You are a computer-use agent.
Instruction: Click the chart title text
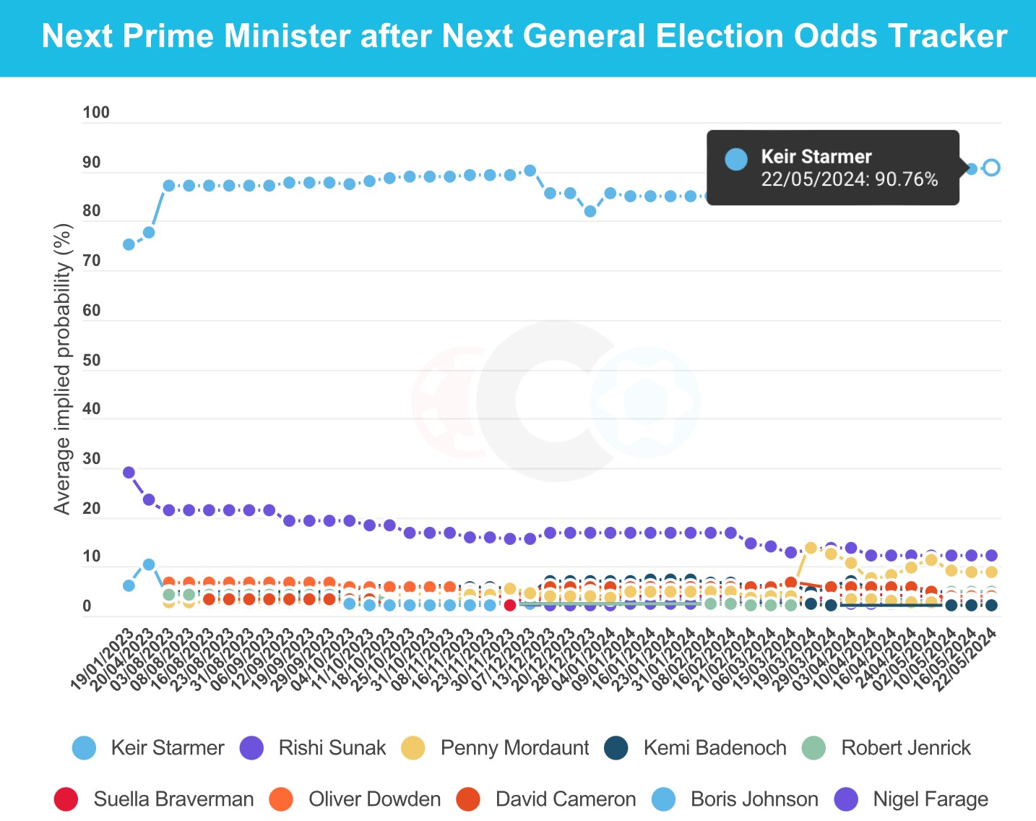point(524,36)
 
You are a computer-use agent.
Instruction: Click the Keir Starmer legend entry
point(148,747)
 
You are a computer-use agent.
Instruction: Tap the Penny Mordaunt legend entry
point(496,747)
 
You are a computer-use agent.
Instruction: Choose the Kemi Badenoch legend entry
point(695,747)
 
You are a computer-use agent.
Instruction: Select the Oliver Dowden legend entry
point(355,799)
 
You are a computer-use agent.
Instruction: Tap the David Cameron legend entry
point(547,799)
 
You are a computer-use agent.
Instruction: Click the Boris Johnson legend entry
point(735,799)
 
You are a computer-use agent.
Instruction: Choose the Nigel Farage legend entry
point(912,799)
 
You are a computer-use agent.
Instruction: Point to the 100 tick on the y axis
point(96,113)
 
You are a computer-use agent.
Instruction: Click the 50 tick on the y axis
point(92,361)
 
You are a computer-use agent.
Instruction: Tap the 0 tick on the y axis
point(87,607)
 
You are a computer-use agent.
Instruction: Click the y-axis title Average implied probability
point(63,369)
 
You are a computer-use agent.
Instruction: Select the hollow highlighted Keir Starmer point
point(991,168)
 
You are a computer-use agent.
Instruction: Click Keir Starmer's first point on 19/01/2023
point(129,244)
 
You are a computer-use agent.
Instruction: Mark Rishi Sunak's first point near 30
point(129,473)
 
